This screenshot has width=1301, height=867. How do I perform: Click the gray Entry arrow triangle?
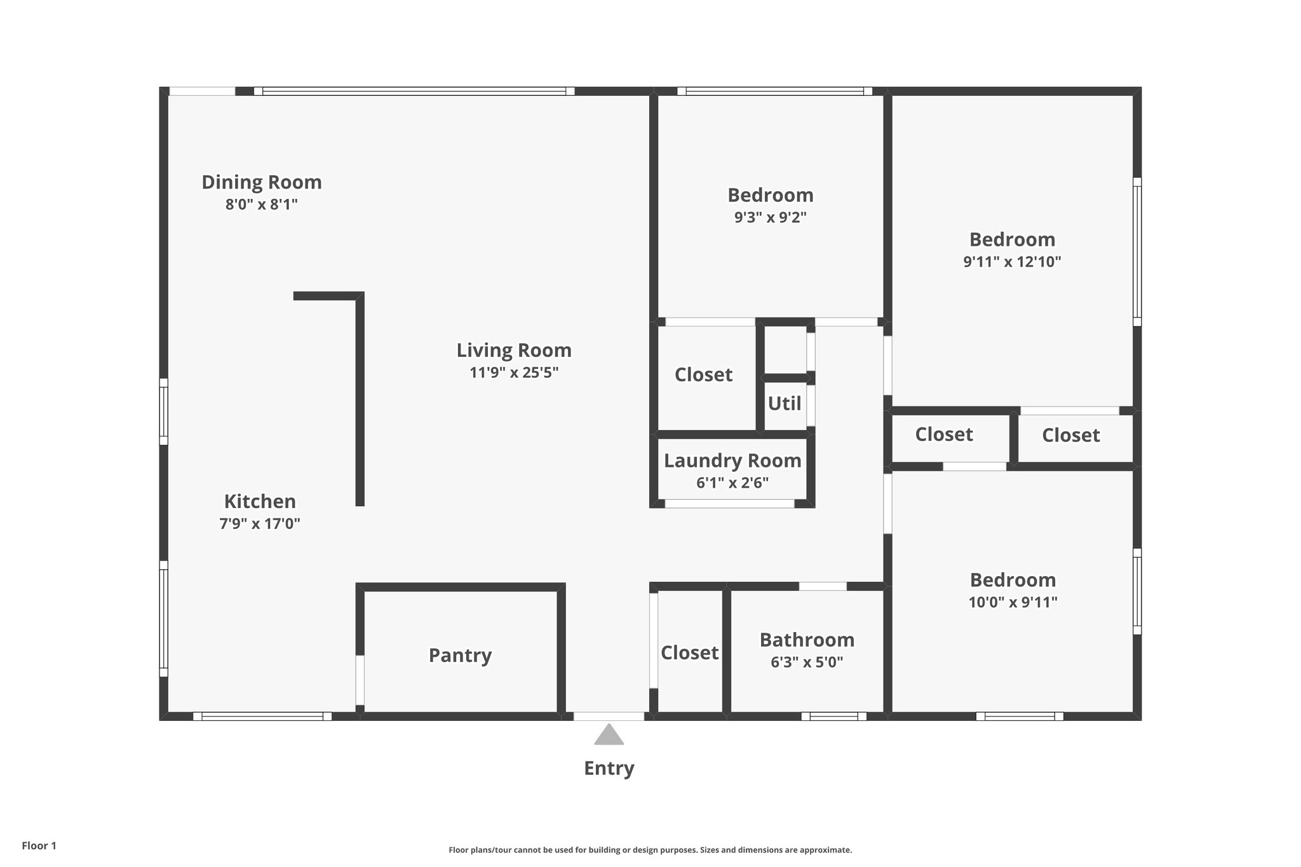point(609,735)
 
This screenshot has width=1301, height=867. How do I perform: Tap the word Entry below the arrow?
point(609,769)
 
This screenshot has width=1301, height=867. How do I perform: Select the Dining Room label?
point(262,182)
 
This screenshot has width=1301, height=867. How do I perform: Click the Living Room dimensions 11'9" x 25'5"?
point(514,372)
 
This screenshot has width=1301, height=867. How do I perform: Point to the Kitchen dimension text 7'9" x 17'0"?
point(260,524)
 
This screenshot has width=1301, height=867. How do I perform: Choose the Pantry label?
point(460,655)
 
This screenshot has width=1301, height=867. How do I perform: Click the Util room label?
point(785,404)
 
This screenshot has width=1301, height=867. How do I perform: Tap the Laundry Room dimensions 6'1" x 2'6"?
point(732,483)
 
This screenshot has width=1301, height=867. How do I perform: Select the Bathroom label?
point(807,640)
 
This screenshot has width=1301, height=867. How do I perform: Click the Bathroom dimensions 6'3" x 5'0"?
point(807,662)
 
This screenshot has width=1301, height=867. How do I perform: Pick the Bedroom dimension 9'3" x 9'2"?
point(771,217)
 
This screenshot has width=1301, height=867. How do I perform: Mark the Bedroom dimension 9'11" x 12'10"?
point(1012,262)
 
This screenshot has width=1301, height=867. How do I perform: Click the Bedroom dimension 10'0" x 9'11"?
point(1013,602)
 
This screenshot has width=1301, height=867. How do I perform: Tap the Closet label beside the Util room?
point(703,375)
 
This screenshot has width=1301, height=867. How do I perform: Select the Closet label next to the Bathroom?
point(689,653)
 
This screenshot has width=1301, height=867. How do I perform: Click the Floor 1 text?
point(39,845)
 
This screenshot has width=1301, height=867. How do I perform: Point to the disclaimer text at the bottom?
point(650,850)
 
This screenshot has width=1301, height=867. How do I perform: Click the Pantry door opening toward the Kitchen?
point(360,680)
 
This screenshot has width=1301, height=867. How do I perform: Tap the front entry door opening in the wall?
point(609,716)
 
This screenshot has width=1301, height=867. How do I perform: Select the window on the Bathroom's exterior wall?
point(833,716)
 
